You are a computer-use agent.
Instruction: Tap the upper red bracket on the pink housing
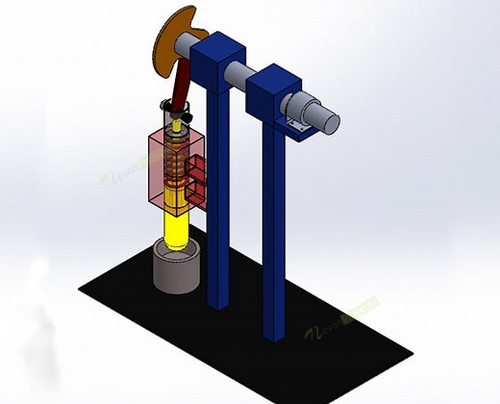[198, 171]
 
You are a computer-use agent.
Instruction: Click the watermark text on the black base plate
[342, 317]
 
